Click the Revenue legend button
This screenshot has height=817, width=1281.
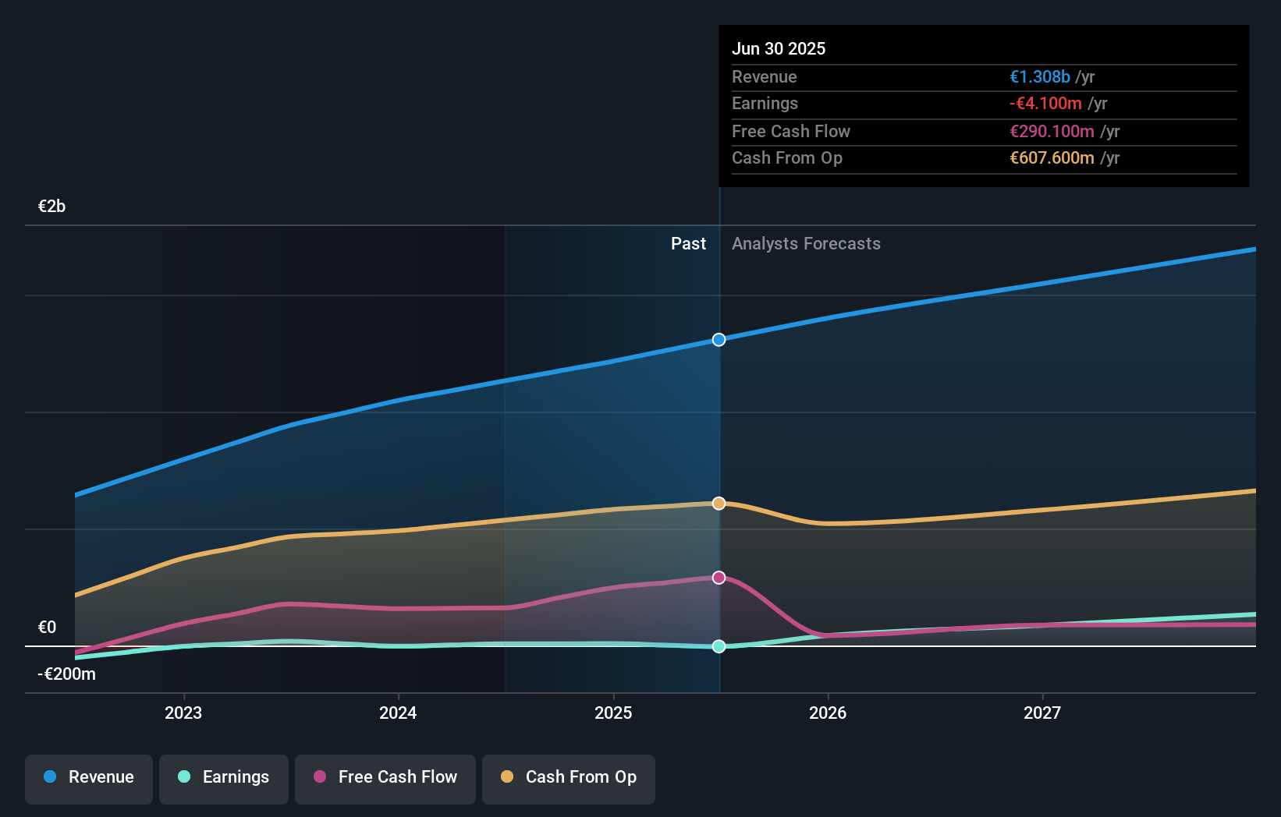point(89,777)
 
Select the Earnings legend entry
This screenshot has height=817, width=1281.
point(224,777)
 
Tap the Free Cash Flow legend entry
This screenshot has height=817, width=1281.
point(385,777)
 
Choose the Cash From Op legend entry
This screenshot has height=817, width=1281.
point(569,777)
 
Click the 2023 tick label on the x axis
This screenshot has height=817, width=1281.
point(183,713)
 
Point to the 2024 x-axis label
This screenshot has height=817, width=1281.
point(398,713)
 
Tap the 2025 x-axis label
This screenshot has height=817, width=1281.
point(613,713)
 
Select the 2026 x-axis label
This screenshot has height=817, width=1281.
point(828,713)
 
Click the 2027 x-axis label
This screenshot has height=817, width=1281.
point(1042,713)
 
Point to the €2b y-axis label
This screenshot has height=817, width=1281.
point(51,207)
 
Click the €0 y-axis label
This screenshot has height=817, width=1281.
point(47,628)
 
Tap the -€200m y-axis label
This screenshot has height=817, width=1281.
point(66,674)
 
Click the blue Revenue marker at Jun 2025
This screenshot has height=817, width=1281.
point(719,340)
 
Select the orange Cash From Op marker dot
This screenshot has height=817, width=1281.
point(719,504)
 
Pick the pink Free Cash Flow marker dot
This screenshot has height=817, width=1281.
point(719,578)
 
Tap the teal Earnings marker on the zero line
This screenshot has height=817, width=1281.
point(719,646)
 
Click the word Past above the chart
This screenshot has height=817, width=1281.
point(688,244)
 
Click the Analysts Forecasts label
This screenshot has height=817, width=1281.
point(806,244)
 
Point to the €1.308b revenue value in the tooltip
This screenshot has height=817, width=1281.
point(1039,77)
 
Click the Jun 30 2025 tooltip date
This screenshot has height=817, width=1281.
point(779,49)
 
